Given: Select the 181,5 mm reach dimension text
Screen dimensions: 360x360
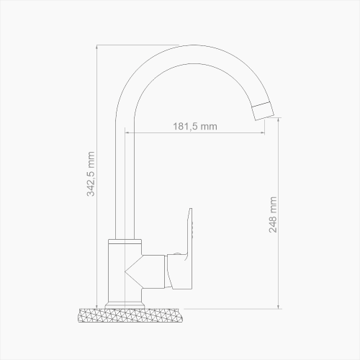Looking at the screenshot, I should [x=195, y=127].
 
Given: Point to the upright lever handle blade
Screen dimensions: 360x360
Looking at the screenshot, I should [x=192, y=230].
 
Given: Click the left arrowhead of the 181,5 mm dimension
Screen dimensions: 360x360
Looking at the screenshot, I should [x=127, y=132].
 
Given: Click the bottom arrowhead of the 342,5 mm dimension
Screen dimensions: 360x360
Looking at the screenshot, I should [x=97, y=305].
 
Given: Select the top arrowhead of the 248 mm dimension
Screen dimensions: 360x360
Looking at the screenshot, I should [x=279, y=119].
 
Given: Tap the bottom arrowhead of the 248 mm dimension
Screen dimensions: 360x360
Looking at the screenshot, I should [x=279, y=305].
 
